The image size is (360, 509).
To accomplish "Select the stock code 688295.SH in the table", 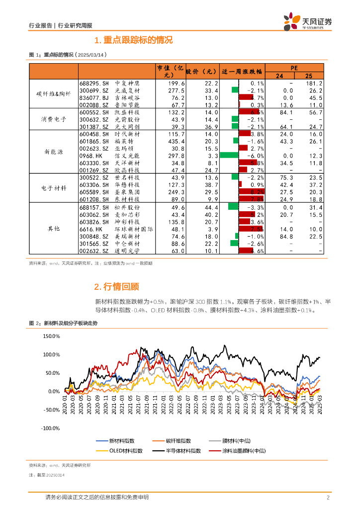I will point(94,84).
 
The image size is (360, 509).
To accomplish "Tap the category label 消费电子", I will point(55,120).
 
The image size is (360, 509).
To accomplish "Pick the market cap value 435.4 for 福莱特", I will point(176,141).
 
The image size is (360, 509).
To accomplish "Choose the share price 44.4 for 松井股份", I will point(211,207).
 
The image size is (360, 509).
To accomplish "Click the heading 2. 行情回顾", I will point(116,286).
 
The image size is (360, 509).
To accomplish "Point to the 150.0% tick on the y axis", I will point(51,337).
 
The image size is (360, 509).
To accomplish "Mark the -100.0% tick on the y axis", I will point(51,428).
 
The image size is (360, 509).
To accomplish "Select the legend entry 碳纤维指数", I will point(178,441).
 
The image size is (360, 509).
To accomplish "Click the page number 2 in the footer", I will point(328,498).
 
